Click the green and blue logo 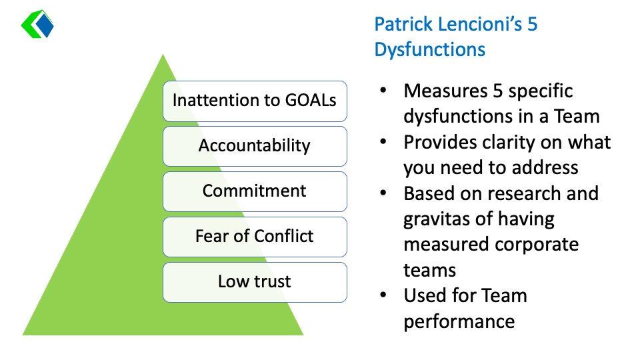point(37,24)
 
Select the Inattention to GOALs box point(255,101)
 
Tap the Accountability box point(255,146)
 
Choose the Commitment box point(255,191)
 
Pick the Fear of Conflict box point(255,237)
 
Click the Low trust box point(255,282)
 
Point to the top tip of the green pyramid point(163,54)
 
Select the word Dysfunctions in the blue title point(430,50)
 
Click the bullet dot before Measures point(383,90)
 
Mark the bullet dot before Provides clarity point(383,141)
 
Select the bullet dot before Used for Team point(383,295)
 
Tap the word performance point(459,321)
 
